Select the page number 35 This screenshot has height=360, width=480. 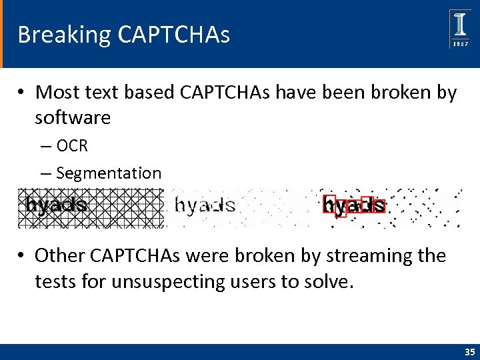pos(469,351)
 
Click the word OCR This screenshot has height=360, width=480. pos(72,145)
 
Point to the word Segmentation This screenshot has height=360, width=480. pos(109,173)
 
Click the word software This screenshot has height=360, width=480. pos(73,118)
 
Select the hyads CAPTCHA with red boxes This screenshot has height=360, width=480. pos(353,206)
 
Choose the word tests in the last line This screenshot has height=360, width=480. pos(56,282)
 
